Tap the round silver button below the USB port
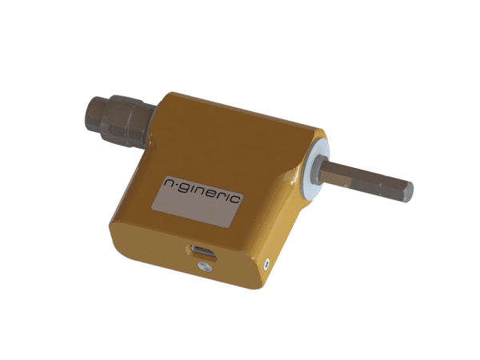coord(205,266)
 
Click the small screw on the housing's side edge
coord(267,263)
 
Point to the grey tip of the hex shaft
coord(408,192)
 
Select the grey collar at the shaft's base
coord(316,170)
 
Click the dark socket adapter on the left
coord(119,121)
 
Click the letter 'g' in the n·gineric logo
coord(184,189)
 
